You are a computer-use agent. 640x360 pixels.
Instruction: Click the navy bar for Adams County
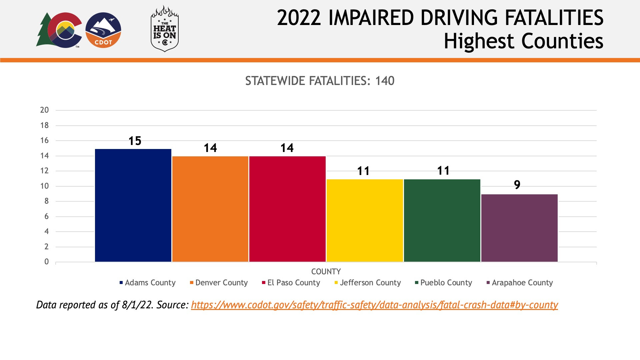click(133, 205)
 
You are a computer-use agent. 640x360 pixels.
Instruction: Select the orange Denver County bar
click(210, 209)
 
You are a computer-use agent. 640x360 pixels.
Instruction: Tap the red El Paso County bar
click(287, 209)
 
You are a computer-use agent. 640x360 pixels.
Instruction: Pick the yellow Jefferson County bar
click(365, 220)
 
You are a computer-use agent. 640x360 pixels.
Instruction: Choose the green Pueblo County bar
click(442, 220)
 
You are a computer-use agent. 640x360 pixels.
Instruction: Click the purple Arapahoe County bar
click(519, 228)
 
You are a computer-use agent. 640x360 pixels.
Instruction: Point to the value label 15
click(135, 141)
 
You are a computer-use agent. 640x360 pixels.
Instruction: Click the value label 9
click(517, 185)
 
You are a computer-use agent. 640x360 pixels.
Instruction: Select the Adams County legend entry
click(148, 283)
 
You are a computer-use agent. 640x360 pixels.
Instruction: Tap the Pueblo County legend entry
click(444, 283)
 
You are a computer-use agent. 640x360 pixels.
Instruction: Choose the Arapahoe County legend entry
click(520, 283)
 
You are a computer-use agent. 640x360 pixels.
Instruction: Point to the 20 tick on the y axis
click(44, 110)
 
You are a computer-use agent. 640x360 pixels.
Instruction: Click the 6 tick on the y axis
click(46, 216)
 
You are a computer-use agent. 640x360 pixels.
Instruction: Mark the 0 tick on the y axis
click(46, 262)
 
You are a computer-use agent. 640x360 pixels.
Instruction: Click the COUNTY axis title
click(326, 272)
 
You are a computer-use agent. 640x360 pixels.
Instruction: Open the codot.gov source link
click(374, 305)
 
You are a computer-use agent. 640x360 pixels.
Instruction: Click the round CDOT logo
click(103, 30)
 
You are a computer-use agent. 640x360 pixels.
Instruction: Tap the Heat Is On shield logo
click(165, 29)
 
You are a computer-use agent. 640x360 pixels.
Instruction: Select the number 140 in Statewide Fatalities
click(385, 81)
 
